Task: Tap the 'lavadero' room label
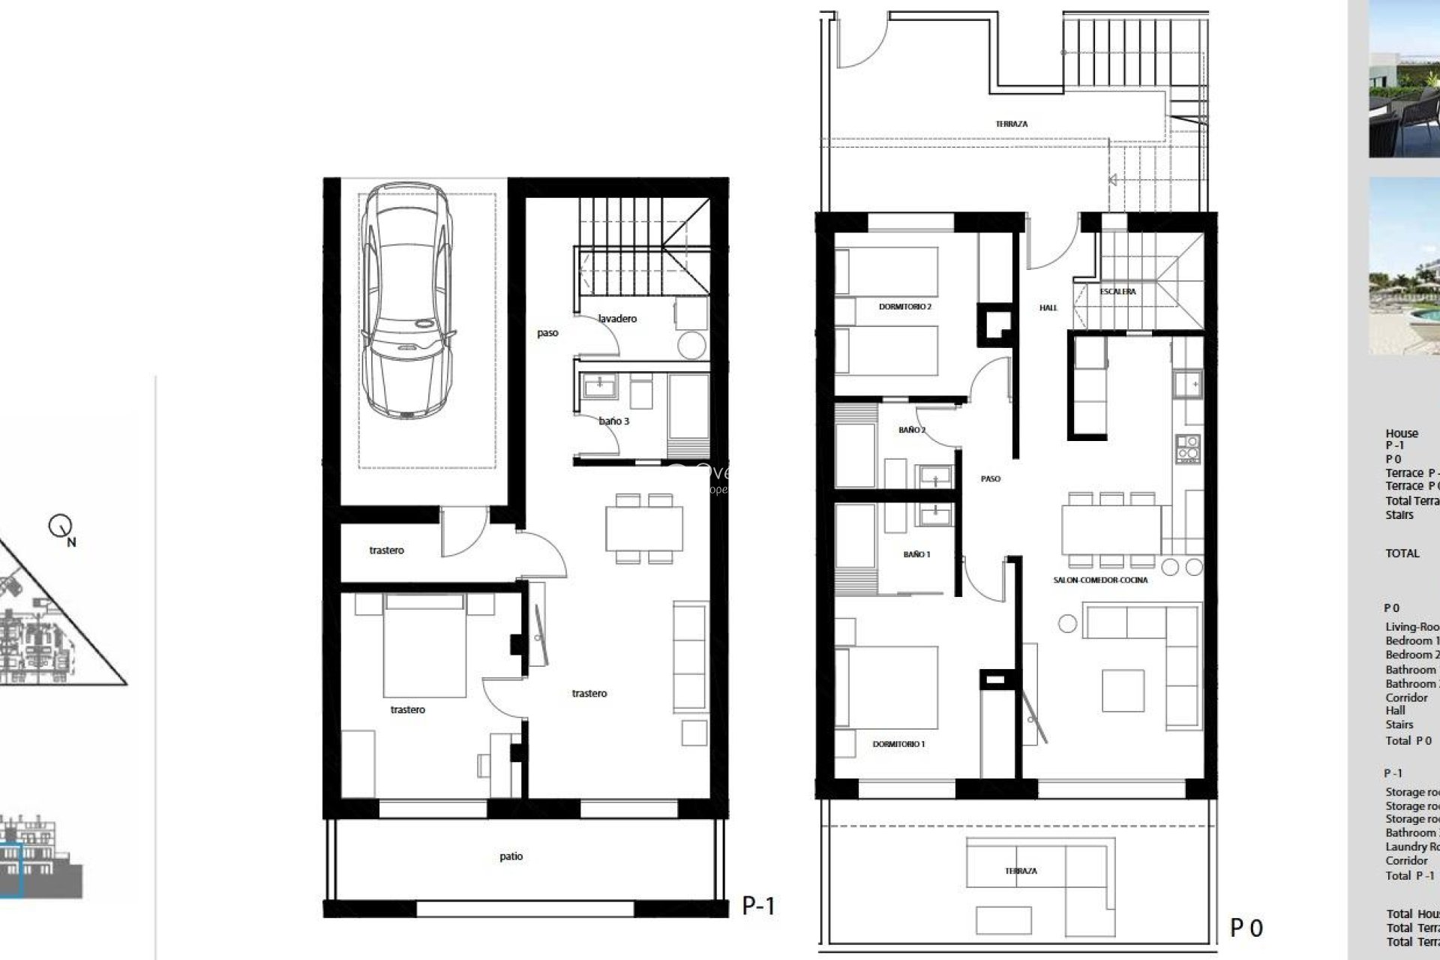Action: click(617, 319)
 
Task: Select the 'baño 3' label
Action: click(614, 421)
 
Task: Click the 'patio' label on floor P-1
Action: click(511, 856)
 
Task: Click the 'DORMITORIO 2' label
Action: click(904, 307)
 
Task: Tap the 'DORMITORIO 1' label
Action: click(898, 744)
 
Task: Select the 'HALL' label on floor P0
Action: click(1048, 307)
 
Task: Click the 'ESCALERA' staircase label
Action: click(1117, 292)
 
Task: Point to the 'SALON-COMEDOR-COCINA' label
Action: click(1100, 580)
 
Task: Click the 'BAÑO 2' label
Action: click(912, 430)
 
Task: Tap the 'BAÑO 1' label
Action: click(916, 554)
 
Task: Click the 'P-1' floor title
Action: click(758, 906)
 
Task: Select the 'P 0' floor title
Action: click(1246, 928)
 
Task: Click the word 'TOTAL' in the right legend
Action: click(1402, 553)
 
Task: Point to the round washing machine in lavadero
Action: click(691, 346)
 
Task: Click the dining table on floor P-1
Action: click(645, 528)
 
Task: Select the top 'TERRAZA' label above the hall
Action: click(1012, 124)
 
